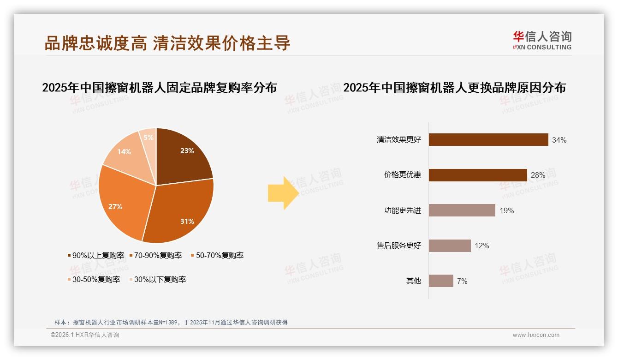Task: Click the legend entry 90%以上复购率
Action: coord(96,255)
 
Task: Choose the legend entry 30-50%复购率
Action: coord(94,279)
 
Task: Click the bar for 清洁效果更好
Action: coord(488,140)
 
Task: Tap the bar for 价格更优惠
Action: coord(477,175)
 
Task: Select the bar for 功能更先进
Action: coord(462,210)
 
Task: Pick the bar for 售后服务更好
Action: coord(450,246)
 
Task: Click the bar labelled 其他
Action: coord(441,281)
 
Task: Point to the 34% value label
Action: coord(559,140)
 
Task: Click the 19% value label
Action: coord(506,210)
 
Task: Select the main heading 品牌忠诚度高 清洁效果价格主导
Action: coord(167,42)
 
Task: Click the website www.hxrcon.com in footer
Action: coord(536,335)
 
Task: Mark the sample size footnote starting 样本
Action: coord(171,322)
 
